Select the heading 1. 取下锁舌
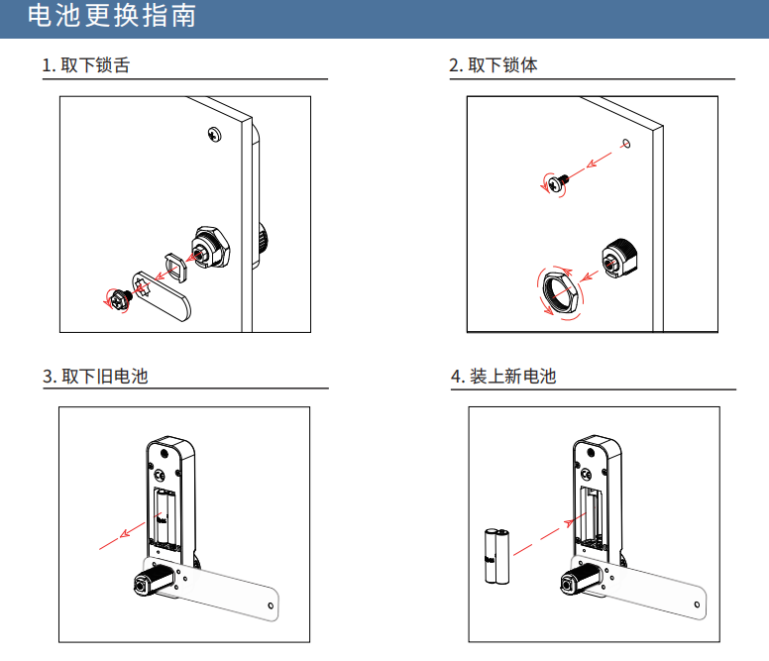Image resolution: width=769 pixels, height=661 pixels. (86, 66)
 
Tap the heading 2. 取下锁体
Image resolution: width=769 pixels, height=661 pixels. (494, 66)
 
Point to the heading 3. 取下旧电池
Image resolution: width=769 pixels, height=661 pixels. (95, 377)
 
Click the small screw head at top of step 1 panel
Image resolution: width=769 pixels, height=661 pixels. (215, 135)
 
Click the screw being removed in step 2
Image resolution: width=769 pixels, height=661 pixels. (557, 181)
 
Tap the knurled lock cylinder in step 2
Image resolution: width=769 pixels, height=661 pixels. (620, 261)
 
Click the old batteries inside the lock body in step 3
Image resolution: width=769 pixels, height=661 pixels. (165, 517)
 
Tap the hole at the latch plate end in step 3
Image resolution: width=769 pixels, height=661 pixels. (273, 605)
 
